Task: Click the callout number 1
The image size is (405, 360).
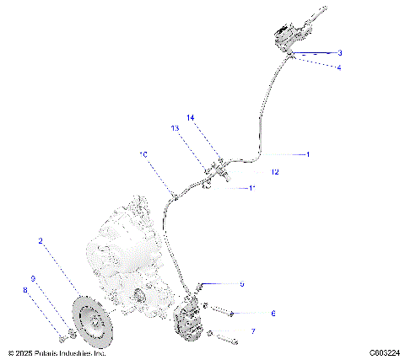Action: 309,154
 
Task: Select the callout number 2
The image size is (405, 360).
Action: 40,241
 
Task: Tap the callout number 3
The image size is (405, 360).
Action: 339,52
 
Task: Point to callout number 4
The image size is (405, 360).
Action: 339,67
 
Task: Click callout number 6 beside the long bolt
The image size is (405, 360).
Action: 273,313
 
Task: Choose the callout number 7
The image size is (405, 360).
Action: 253,331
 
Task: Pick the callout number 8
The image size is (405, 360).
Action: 24,292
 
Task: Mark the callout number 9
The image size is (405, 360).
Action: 33,278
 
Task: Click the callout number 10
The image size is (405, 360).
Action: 143,155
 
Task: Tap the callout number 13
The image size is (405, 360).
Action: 175,129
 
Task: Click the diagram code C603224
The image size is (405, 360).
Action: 384,353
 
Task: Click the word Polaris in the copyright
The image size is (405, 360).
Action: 50,353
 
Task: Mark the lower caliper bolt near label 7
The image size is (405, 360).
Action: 223,339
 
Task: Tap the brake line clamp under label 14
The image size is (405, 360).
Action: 217,171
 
